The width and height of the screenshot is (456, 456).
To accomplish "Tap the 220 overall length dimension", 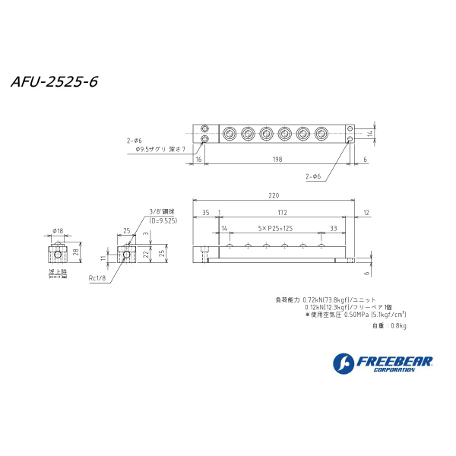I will coord(274,195).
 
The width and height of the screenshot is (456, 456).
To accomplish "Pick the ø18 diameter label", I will coord(58,231).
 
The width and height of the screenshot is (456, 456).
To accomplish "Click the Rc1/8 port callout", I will coord(99,278).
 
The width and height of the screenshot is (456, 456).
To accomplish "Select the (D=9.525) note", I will coord(163,220).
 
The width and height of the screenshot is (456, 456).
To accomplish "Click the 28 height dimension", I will coord(77,252).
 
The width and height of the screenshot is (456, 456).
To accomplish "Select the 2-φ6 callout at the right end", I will coord(315,176).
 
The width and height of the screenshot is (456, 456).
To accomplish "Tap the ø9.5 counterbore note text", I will coord(159,150).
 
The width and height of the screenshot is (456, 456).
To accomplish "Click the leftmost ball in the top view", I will coord(230,135).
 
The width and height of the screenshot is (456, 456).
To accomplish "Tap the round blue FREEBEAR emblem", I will coord(344,364).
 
